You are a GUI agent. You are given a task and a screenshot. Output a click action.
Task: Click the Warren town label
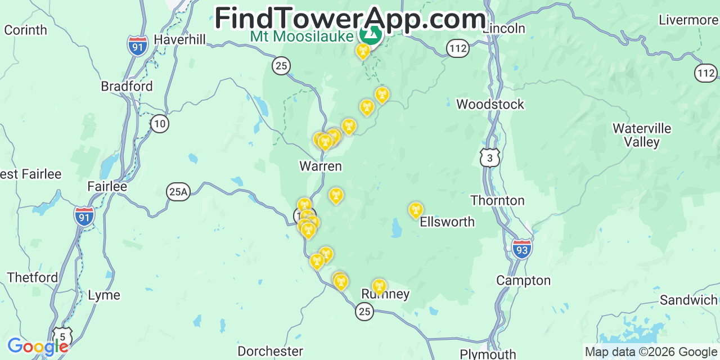point(320,166)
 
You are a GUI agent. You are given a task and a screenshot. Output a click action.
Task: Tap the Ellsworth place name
point(447,222)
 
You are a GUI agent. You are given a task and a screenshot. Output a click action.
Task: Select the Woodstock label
point(490,104)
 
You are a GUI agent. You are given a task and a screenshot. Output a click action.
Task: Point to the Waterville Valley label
point(642,135)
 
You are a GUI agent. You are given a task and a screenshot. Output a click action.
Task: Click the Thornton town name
point(497,200)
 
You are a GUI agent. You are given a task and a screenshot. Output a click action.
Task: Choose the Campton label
point(523,280)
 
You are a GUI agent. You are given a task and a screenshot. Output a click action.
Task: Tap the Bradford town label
point(127,86)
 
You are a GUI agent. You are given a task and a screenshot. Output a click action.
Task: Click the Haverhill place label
point(179,40)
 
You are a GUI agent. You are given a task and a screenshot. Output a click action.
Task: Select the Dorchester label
point(270,352)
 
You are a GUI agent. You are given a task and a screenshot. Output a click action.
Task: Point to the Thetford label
point(33,277)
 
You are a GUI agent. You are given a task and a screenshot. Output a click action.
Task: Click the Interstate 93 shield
point(522,249)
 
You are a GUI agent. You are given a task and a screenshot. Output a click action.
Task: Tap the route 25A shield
point(178,192)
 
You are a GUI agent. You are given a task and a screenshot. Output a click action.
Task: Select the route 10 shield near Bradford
point(160,124)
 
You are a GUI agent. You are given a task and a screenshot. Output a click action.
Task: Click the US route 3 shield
point(490,158)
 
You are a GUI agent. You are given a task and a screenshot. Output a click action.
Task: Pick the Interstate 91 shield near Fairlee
point(84,216)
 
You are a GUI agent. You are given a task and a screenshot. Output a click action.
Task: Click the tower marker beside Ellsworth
point(416,210)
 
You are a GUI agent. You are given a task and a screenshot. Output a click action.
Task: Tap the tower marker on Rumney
point(380,286)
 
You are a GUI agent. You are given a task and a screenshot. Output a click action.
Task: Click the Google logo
point(37,346)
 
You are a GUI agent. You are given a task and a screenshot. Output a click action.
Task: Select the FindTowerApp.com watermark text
point(350,19)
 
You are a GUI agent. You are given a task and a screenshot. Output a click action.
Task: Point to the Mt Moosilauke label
point(302,36)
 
